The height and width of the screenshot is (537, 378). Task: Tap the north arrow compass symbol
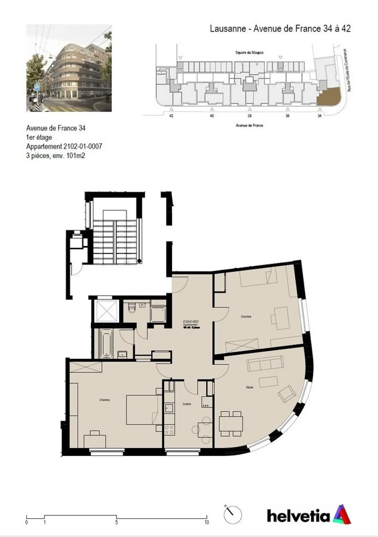pyautogui.click(x=233, y=515)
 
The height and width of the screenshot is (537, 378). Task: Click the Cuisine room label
pyautogui.click(x=187, y=404)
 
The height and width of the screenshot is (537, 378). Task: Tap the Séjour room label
pyautogui.click(x=249, y=387)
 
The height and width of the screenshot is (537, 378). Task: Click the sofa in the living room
pyautogui.click(x=265, y=363)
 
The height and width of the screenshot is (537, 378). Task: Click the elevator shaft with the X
pyautogui.click(x=107, y=311)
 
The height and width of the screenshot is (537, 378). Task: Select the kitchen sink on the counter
pyautogui.click(x=169, y=408)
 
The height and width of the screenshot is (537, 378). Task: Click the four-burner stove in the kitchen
pyautogui.click(x=169, y=430)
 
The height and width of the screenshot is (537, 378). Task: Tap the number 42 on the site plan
pyautogui.click(x=171, y=116)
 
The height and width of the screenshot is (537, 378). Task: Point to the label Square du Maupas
pyautogui.click(x=249, y=53)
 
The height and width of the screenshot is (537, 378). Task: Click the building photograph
pyautogui.click(x=69, y=68)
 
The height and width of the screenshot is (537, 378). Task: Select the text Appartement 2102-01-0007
pyautogui.click(x=64, y=146)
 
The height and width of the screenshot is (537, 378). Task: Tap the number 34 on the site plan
pyautogui.click(x=319, y=116)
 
